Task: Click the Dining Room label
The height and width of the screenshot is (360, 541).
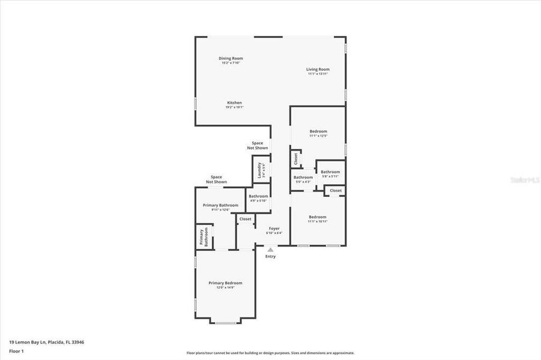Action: (231, 59)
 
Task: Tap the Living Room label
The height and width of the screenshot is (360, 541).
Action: (318, 70)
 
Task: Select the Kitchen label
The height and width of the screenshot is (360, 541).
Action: (234, 103)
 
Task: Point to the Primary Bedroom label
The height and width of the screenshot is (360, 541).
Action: (225, 283)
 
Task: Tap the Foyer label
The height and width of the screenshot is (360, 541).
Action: (274, 229)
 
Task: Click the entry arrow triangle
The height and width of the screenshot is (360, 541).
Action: (270, 250)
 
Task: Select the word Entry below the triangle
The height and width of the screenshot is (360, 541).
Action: (271, 257)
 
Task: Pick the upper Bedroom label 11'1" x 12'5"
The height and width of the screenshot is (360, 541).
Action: (318, 132)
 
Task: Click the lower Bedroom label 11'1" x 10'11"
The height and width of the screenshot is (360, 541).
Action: (318, 218)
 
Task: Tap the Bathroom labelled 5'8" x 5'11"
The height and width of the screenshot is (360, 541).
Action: (330, 173)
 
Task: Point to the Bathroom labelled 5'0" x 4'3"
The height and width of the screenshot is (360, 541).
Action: (303, 178)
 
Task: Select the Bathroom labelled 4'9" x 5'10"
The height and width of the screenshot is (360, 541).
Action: (258, 197)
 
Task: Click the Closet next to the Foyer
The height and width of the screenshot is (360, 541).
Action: (246, 219)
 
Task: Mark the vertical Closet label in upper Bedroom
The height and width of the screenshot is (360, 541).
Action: (295, 159)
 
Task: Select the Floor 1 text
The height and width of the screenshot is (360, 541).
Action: (17, 350)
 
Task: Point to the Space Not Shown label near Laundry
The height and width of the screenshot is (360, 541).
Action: (257, 145)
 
